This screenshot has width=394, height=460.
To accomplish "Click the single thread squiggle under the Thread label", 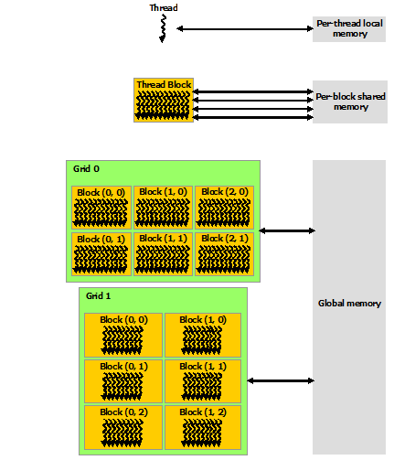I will [x=164, y=29].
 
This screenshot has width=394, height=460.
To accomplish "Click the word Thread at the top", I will [x=164, y=8].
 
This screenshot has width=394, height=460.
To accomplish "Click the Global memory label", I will [x=349, y=304].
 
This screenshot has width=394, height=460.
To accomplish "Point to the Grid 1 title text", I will [x=99, y=297].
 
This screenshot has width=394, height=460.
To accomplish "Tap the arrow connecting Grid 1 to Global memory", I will [x=280, y=380].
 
